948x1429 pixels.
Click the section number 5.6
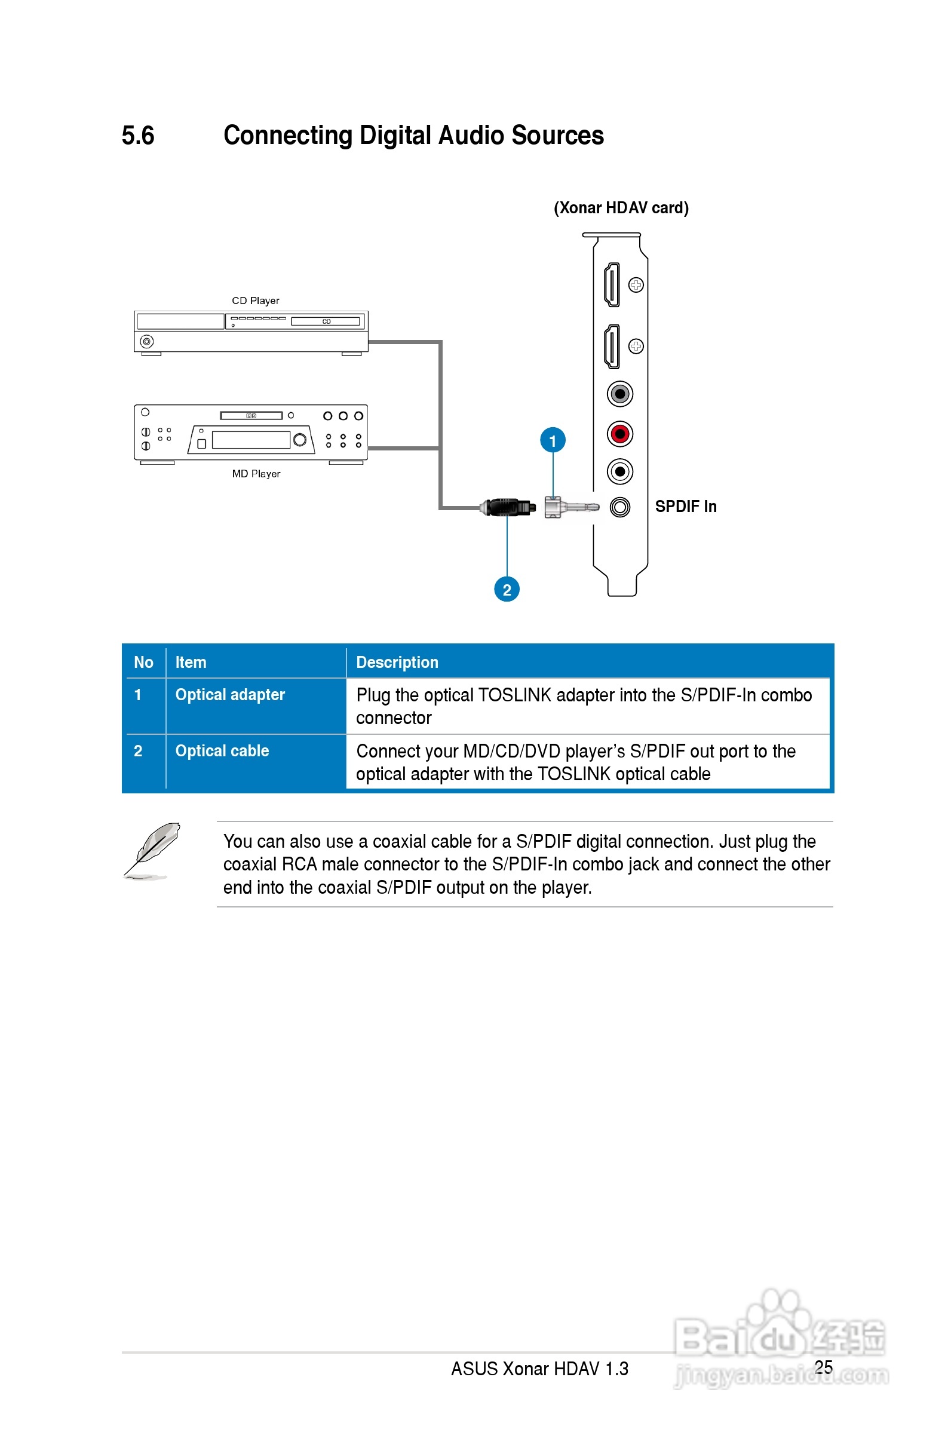tap(138, 136)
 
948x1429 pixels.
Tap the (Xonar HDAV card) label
tap(621, 208)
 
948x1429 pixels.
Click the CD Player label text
tap(255, 300)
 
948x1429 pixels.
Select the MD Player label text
tap(256, 474)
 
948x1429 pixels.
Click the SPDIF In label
tap(686, 507)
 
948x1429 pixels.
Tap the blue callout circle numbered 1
tap(553, 441)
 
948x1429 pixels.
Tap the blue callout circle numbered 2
tap(507, 590)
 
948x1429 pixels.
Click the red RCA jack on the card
tap(619, 434)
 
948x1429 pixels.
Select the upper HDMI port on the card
tap(612, 285)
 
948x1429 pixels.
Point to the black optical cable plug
tap(508, 507)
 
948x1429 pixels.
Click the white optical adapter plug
tap(568, 507)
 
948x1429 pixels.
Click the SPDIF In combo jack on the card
tap(619, 507)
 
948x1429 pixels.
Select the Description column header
tap(397, 663)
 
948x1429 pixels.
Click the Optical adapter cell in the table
tap(230, 695)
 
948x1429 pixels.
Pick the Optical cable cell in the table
tap(222, 751)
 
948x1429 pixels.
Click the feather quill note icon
tap(152, 850)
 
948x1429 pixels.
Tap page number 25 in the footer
tap(824, 1367)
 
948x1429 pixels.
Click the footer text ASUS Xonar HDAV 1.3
tap(539, 1369)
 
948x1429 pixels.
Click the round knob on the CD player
tap(146, 342)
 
